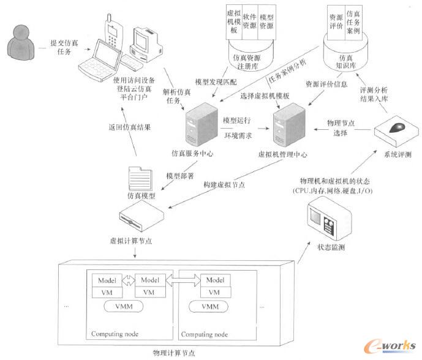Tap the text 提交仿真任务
click(63, 48)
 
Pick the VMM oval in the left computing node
click(129, 306)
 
